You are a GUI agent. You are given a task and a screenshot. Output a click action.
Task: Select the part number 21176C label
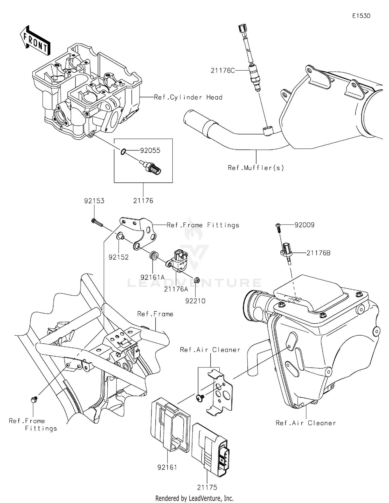[223, 70]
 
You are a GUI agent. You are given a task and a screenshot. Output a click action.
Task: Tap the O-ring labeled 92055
[123, 151]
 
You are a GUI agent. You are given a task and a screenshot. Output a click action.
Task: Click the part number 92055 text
[150, 151]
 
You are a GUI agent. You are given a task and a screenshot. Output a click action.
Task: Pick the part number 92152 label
[119, 257]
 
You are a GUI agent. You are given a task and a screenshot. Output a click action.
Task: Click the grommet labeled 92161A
[154, 255]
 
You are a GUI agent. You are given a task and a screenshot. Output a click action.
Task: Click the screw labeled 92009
[278, 228]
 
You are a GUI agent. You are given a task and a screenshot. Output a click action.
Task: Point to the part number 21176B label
[318, 253]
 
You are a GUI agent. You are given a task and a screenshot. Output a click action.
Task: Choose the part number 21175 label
[207, 487]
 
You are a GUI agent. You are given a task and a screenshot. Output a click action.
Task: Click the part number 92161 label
[167, 467]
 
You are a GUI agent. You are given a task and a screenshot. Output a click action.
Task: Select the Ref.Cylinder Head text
[188, 97]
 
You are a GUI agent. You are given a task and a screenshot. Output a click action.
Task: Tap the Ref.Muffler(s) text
[256, 168]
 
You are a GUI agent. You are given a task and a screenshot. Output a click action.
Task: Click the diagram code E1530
[361, 16]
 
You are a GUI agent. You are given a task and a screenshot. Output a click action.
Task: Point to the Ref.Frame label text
[155, 314]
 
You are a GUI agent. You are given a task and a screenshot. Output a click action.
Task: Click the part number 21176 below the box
[143, 201]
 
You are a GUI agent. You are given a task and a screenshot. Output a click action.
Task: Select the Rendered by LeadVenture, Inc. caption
[194, 498]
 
